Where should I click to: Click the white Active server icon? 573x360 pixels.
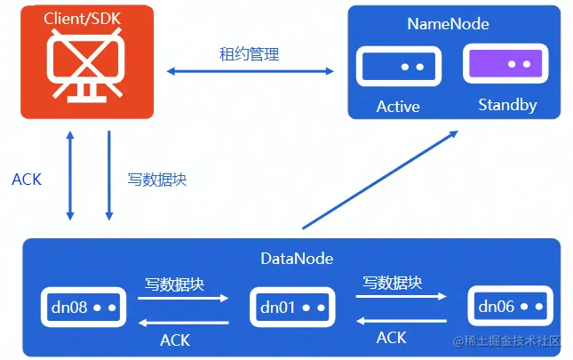(399, 67)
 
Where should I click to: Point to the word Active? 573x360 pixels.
(398, 107)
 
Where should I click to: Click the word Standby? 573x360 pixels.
(507, 105)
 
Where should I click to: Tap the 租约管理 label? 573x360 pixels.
(249, 54)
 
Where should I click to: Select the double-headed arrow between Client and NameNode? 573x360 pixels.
(250, 70)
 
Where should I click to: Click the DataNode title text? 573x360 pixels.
(297, 259)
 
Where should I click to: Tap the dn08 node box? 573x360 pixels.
(80, 307)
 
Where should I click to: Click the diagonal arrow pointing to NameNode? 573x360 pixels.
(380, 180)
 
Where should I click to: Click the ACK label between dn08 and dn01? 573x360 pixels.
(175, 340)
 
